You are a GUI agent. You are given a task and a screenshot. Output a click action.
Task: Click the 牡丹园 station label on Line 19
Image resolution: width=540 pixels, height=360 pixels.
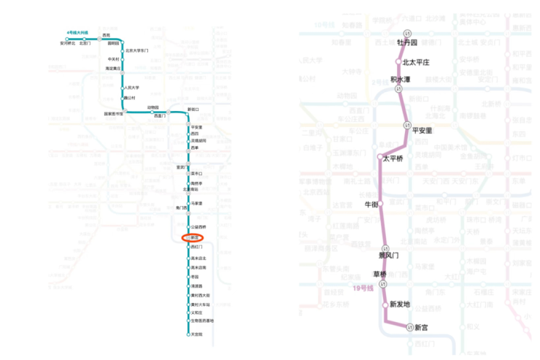408,42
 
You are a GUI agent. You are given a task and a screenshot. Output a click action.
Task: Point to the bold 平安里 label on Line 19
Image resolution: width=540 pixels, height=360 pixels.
423,131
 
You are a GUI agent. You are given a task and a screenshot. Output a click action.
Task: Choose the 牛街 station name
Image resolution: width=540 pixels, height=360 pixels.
371,204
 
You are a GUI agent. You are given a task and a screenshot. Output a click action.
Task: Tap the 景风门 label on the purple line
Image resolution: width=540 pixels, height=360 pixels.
388,256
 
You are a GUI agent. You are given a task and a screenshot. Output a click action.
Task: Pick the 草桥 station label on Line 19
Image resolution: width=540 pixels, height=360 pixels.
379,275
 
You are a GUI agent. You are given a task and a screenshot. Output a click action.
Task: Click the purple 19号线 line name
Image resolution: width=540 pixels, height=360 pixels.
363,288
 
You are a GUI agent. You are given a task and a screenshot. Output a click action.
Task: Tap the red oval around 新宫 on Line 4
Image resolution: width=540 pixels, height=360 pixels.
193,238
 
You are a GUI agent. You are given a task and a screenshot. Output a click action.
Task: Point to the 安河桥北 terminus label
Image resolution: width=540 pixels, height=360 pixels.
67,44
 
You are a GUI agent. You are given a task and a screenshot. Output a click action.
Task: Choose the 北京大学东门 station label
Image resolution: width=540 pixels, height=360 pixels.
137,50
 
